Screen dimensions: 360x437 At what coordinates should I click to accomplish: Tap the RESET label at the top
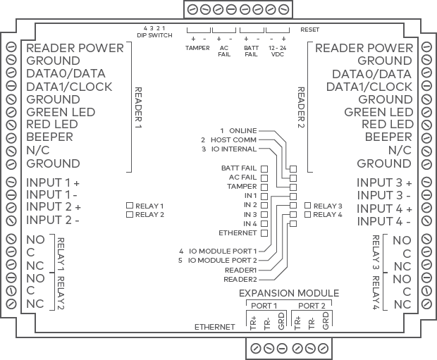click(x=309, y=30)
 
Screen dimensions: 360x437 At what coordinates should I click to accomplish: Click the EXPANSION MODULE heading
click(x=289, y=293)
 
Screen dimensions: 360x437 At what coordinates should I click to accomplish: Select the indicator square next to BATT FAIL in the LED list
click(x=264, y=169)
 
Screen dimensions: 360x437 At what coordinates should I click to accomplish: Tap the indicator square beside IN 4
click(x=264, y=223)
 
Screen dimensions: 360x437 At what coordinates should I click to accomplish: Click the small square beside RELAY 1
click(x=130, y=206)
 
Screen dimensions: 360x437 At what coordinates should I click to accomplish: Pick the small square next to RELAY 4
click(x=307, y=214)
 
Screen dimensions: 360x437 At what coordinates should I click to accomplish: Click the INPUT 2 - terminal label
click(x=52, y=220)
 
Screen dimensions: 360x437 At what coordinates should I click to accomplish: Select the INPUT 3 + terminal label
click(x=384, y=182)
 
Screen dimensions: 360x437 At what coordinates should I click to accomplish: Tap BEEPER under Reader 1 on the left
click(x=49, y=137)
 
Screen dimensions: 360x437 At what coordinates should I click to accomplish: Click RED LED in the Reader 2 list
click(x=387, y=124)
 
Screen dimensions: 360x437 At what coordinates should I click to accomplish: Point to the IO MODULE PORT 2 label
click(x=221, y=260)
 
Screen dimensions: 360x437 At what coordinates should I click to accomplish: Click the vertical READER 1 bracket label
click(x=138, y=106)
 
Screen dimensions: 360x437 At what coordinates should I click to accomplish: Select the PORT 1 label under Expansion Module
click(x=265, y=306)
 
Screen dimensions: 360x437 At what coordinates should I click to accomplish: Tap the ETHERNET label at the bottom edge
click(x=214, y=328)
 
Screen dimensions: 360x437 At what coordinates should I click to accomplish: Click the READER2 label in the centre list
click(x=240, y=279)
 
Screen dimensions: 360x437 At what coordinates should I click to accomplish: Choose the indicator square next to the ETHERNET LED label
click(x=264, y=232)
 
